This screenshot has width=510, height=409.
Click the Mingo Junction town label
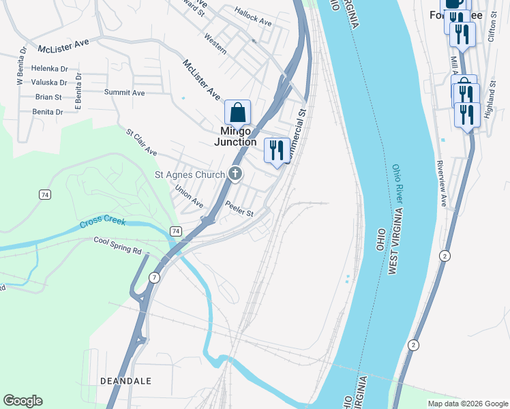click(x=235, y=136)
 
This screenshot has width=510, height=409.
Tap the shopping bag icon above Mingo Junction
click(x=238, y=112)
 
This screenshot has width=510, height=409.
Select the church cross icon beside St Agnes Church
click(x=235, y=175)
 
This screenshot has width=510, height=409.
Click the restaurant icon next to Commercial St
click(x=277, y=151)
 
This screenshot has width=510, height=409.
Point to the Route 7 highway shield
click(x=155, y=277)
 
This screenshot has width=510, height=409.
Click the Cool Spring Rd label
click(x=117, y=245)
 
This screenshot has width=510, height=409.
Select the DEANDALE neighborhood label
click(x=125, y=380)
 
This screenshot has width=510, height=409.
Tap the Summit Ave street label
click(x=124, y=92)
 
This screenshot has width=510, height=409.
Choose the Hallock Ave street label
click(x=253, y=16)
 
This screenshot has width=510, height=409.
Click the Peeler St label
click(x=239, y=211)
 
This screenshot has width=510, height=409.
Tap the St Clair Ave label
click(x=141, y=142)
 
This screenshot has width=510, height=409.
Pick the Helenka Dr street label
click(x=50, y=69)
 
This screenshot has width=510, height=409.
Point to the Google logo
click(x=22, y=401)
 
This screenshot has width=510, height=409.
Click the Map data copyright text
click(x=467, y=404)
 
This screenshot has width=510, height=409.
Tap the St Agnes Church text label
click(x=190, y=175)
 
